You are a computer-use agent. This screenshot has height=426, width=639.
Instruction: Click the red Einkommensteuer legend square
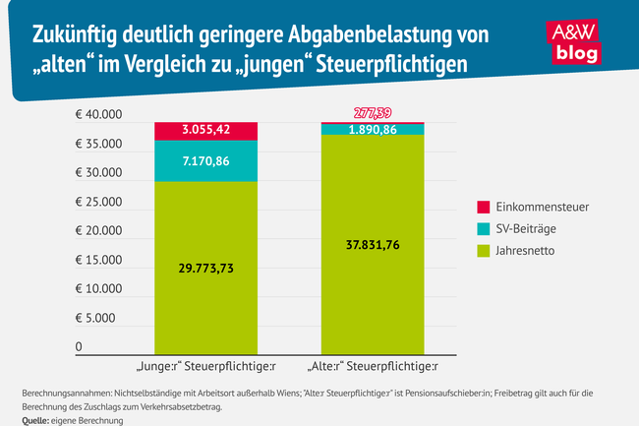[483, 208]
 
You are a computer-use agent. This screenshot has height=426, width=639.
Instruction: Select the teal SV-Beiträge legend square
[483, 229]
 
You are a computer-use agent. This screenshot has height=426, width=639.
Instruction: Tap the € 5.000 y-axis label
[101, 319]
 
